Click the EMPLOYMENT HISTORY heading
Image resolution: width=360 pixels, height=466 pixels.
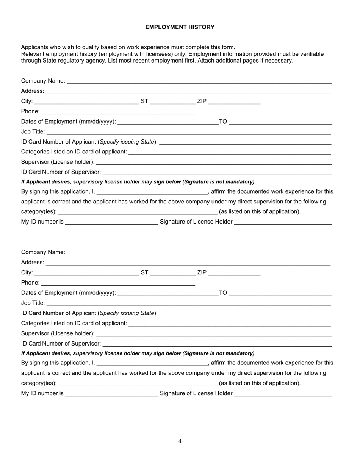pos(180,27)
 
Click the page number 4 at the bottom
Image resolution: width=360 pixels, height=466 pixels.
pos(180,441)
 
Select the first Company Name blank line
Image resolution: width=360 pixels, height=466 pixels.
pos(199,82)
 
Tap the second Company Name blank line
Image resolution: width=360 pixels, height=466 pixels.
pos(199,253)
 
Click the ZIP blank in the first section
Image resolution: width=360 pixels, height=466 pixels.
pos(234,102)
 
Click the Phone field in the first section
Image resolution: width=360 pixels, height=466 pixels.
pos(118,112)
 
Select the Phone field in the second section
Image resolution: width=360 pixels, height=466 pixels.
pos(118,283)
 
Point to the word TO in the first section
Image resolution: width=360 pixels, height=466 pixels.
pos(223,122)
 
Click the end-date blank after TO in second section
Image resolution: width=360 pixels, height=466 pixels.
pos(280,294)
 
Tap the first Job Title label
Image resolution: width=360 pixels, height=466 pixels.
pos(33,132)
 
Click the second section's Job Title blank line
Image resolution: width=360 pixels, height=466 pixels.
pos(189,304)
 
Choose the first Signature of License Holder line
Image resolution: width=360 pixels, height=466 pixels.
pos(283,223)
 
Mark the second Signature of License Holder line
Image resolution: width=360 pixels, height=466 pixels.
pos(283,394)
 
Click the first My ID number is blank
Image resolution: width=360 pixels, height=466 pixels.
pos(111,223)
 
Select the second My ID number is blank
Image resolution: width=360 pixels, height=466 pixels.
pos(111,394)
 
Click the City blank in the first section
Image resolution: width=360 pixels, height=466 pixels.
pos(86,102)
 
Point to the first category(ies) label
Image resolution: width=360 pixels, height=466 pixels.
pos(39,212)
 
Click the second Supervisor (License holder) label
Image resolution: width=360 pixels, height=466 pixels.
pos(58,333)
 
